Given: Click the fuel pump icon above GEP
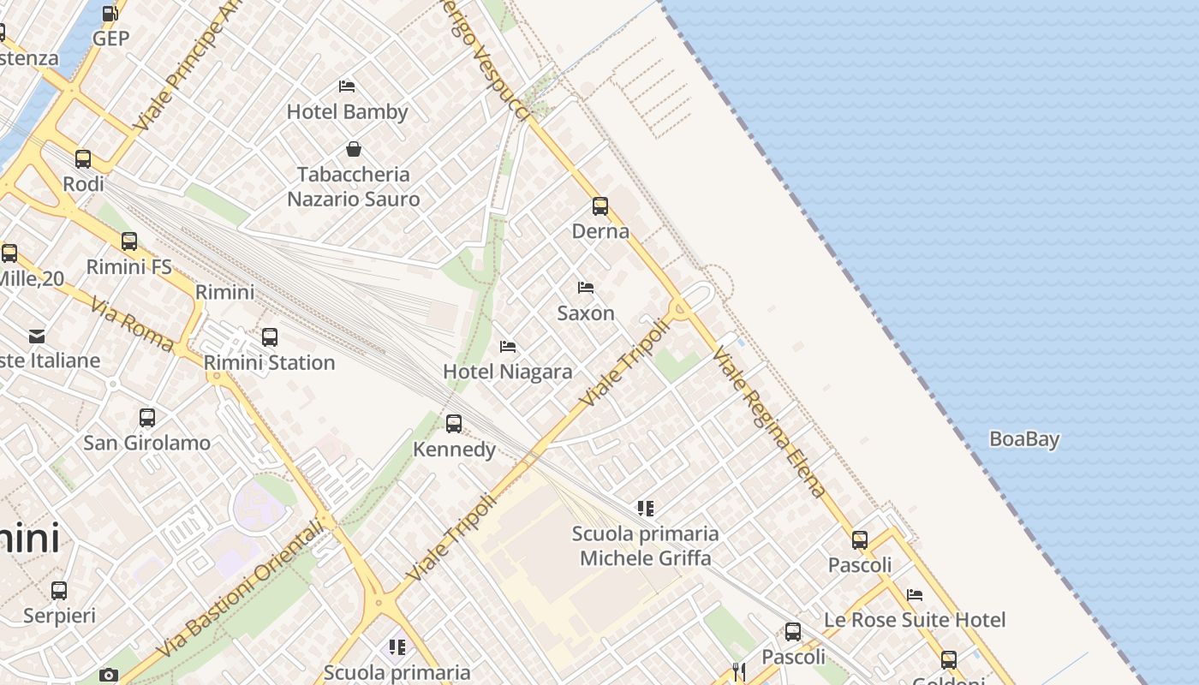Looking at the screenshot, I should [110, 14].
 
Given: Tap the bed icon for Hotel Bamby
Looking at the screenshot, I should [347, 86].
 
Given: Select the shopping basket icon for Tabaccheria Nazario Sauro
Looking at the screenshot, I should [353, 149].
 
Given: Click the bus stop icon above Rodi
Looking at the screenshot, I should [83, 159].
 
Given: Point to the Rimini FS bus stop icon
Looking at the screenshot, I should [129, 241].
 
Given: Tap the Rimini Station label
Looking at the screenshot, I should [269, 362].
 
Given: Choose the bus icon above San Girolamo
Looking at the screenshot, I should [147, 418].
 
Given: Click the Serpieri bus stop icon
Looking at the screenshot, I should [59, 591].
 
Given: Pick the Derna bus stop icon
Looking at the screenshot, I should [600, 206].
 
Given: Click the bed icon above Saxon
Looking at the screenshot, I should [586, 288].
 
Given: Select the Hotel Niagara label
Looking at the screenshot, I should [508, 372].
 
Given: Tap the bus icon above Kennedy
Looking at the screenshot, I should [454, 424].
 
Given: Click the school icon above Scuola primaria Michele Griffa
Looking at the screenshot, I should [646, 509].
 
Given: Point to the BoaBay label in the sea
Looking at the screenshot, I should [1024, 439].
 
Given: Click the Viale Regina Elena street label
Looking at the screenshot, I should [768, 422].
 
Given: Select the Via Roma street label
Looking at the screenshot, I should [131, 325].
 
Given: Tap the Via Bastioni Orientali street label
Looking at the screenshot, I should [242, 589].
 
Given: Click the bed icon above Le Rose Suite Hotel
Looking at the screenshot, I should [915, 594].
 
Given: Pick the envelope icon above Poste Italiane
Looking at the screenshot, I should [37, 336].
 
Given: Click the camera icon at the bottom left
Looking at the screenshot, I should [108, 675].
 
